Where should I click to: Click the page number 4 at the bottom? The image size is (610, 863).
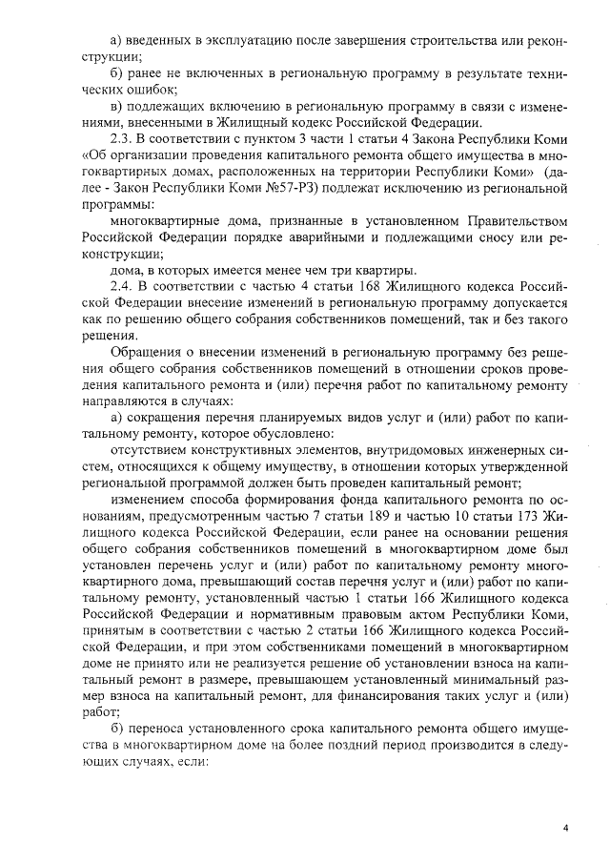565,828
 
